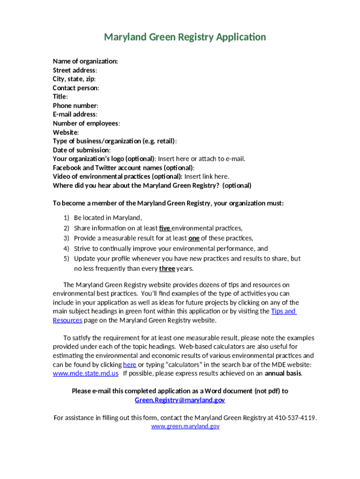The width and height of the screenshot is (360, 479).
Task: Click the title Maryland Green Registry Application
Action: [x=185, y=37]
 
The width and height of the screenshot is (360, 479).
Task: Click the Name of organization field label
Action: [x=85, y=61]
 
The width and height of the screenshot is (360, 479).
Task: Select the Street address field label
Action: [x=75, y=70]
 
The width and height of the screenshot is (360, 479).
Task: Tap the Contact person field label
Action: [x=76, y=88]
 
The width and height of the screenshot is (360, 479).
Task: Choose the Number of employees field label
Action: [x=86, y=123]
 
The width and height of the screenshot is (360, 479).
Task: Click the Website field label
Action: [x=65, y=132]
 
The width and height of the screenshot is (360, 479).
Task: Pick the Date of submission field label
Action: [x=81, y=150]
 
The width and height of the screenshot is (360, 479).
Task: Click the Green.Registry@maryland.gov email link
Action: [x=180, y=400]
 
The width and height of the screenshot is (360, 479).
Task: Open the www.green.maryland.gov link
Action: [x=185, y=426]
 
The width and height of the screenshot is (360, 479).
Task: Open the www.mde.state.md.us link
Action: [x=86, y=373]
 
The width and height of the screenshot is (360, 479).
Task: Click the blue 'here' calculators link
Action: [x=130, y=364]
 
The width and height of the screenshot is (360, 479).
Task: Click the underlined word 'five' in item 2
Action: [x=165, y=228]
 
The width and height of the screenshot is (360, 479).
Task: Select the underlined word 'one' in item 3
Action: [x=194, y=238]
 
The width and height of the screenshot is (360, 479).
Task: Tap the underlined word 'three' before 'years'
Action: [x=167, y=269]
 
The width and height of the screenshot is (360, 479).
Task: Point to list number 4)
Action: [x=66, y=248]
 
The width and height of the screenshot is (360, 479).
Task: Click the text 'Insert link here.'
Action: [x=207, y=176]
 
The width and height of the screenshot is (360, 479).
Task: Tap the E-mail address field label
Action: [x=75, y=115]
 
